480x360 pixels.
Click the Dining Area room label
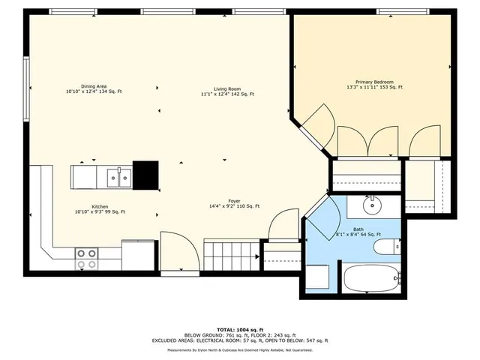(x=94, y=86)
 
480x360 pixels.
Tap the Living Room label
(x=227, y=89)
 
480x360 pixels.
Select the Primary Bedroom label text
(x=374, y=82)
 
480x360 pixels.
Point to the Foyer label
(x=234, y=201)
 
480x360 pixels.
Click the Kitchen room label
(x=100, y=207)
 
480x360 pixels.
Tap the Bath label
(x=358, y=229)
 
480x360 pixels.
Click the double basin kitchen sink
(x=119, y=178)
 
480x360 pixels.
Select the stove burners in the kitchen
(x=87, y=259)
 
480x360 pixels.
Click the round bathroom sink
(x=372, y=205)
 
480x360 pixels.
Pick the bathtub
(x=372, y=278)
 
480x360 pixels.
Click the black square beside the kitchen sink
(x=145, y=175)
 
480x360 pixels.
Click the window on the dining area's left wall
(x=27, y=88)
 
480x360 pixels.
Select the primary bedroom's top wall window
(x=403, y=12)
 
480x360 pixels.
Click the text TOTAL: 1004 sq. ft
(x=240, y=330)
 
